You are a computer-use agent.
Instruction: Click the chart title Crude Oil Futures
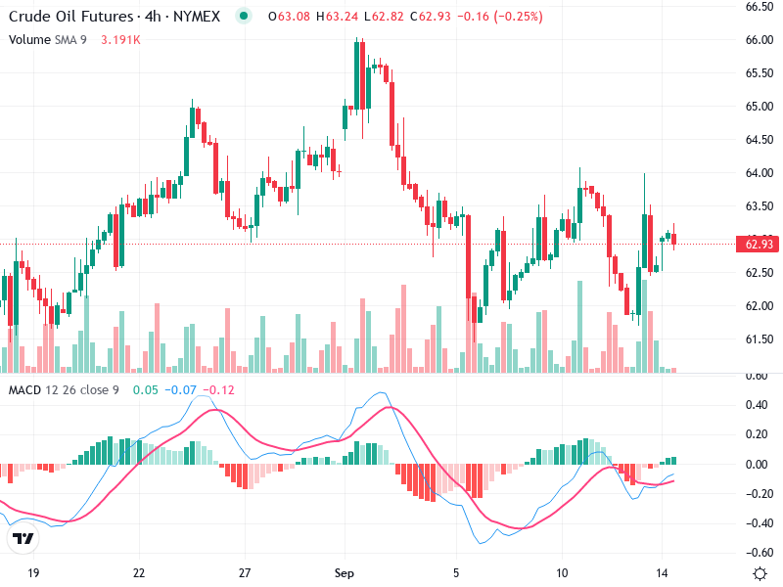pos(71,17)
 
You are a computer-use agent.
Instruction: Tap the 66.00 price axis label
pos(760,40)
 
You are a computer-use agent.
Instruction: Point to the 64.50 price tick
pos(760,140)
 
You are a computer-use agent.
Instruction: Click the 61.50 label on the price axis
pos(760,339)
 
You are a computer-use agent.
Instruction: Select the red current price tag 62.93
pos(760,244)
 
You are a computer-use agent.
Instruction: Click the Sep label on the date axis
pos(343,572)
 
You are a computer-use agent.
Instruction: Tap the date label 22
pos(139,572)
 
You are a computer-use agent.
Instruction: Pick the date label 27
pos(246,572)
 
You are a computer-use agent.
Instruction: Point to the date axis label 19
pos(33,572)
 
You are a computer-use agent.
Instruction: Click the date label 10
pos(562,572)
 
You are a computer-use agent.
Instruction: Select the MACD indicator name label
pos(25,390)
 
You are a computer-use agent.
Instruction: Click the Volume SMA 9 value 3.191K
pos(121,39)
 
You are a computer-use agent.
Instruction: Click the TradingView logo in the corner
pos(23,539)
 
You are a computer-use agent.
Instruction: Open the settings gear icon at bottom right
pos(760,572)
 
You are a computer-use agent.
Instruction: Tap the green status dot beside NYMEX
pos(244,17)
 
